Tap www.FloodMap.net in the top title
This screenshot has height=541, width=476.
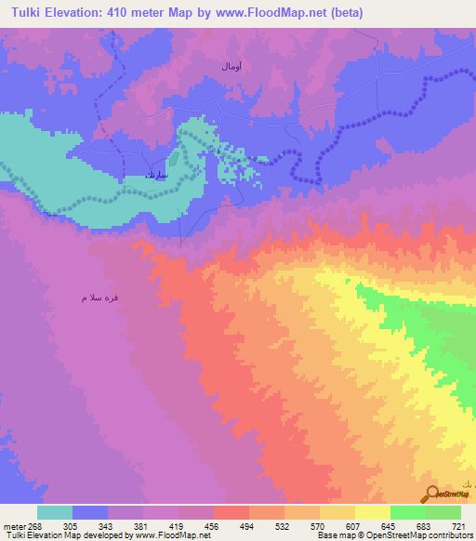point(274,13)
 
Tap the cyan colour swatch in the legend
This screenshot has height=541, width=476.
point(54,512)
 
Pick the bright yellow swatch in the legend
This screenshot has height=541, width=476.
point(372,512)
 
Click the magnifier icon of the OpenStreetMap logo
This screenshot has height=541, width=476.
point(430,494)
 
